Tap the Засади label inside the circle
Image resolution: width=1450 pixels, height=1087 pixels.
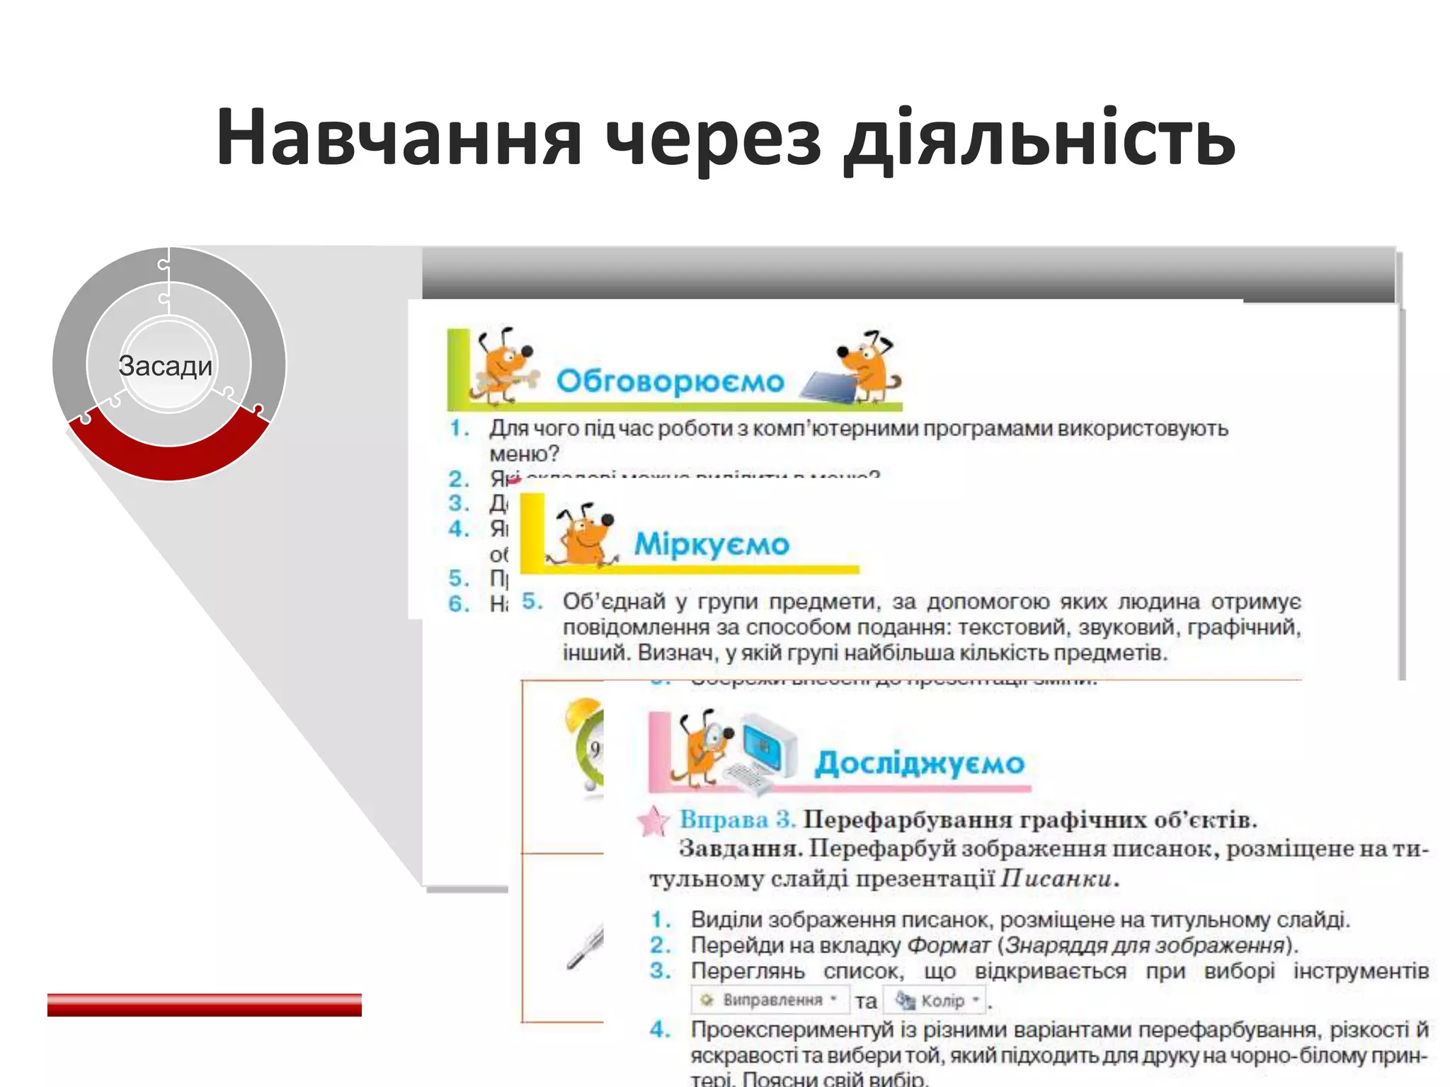166,366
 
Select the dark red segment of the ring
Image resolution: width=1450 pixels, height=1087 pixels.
169,453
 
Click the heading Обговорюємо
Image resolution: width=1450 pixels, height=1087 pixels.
670,381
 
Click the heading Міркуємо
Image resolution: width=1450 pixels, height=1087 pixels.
711,544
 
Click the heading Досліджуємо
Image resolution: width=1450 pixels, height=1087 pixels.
919,764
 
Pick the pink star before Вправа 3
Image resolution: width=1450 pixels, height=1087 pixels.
652,822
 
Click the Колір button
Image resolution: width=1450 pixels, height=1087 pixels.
937,1001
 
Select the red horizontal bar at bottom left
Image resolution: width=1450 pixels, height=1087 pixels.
204,1004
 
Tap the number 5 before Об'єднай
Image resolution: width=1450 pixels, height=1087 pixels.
531,602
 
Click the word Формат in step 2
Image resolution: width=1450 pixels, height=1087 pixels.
948,945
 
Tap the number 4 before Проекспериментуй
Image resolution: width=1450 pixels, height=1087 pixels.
659,1030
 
